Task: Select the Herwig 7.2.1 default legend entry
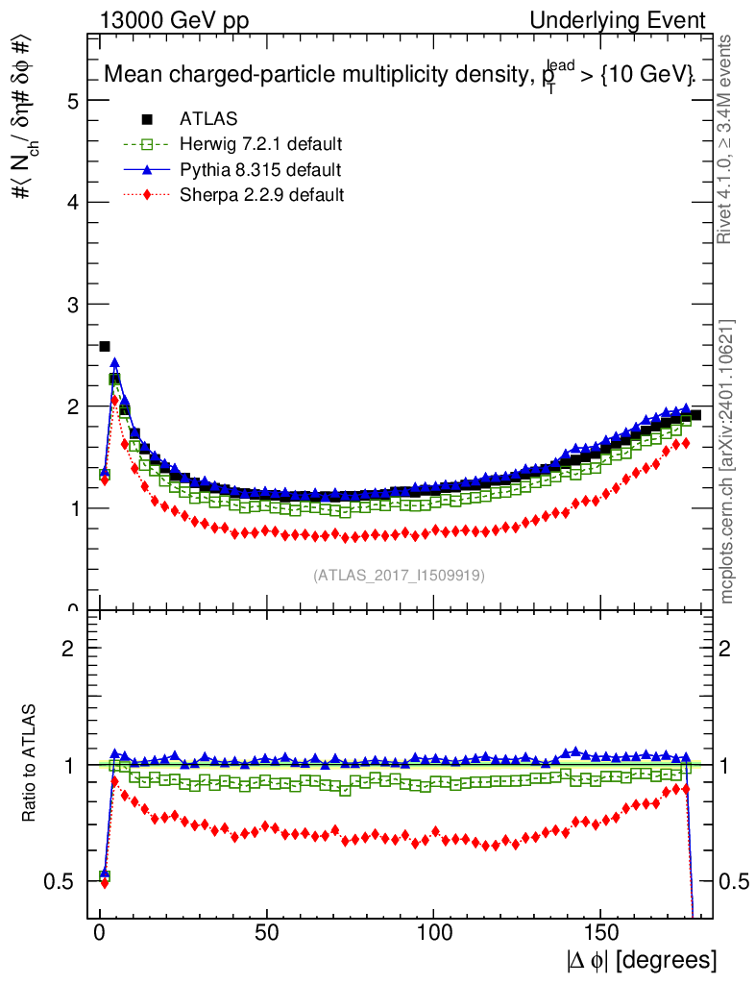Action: pos(260,145)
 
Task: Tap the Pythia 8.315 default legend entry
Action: pos(259,170)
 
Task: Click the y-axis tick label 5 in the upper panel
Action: pos(73,101)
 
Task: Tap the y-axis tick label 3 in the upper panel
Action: pos(73,305)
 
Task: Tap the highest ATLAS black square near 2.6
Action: pos(105,346)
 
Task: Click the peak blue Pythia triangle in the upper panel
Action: pos(114,363)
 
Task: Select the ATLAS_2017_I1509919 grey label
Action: pos(399,576)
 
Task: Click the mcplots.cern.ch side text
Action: pos(727,461)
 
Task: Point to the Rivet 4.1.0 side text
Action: pos(727,139)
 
